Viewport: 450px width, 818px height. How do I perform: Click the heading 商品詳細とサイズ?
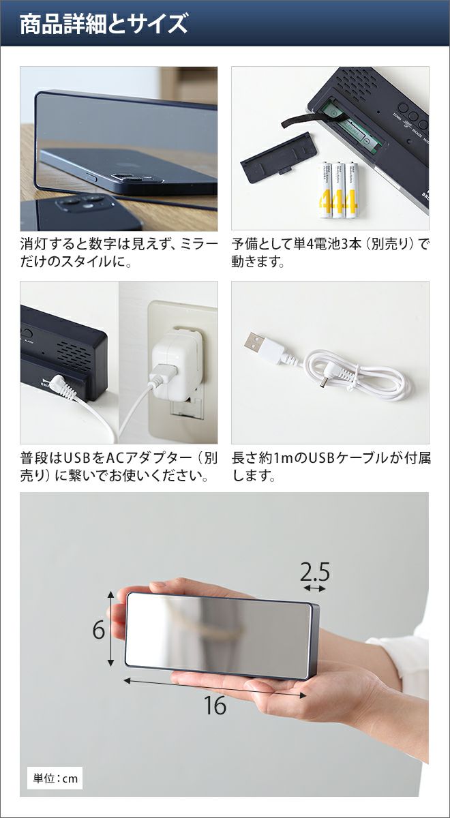(x=104, y=24)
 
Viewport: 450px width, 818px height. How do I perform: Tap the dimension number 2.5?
(x=315, y=572)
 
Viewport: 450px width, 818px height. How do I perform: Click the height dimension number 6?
(x=99, y=630)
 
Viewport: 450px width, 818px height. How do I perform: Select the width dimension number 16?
(x=215, y=706)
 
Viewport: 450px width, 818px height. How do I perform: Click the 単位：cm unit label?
(x=55, y=778)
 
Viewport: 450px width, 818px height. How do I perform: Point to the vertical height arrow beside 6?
(x=111, y=628)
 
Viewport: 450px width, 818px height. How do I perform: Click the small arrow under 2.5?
(x=315, y=588)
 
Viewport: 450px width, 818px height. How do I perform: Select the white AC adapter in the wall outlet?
(x=177, y=361)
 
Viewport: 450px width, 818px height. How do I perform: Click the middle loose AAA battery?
(x=339, y=190)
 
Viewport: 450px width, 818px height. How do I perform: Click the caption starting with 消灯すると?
(x=119, y=252)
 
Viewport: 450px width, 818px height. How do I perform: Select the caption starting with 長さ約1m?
(x=331, y=466)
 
